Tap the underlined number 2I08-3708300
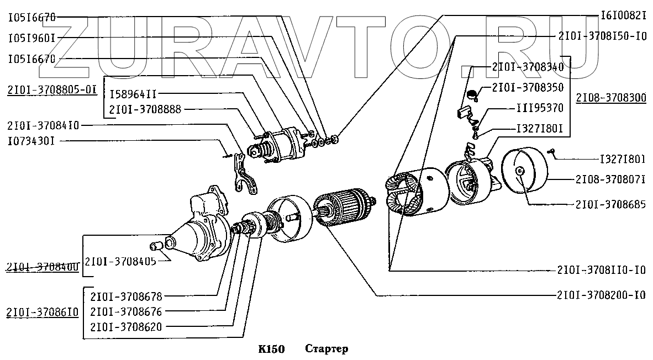(x=610, y=98)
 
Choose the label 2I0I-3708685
(x=610, y=204)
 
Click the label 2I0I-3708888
(x=145, y=109)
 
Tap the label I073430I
(x=31, y=141)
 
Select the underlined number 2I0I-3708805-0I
(x=52, y=88)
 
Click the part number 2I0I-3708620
(x=126, y=326)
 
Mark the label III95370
(x=540, y=108)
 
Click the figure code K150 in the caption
(x=271, y=349)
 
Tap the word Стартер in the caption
(x=326, y=349)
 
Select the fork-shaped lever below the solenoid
(x=243, y=174)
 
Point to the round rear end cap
(x=523, y=171)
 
